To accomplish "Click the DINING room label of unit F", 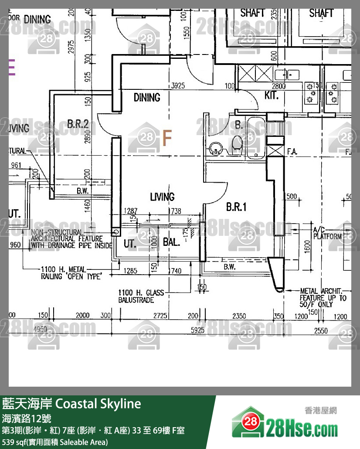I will coord(147,97).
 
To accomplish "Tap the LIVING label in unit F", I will coord(162,197).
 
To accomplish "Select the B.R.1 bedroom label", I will coord(236,207).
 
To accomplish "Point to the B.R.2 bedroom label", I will coord(78,124).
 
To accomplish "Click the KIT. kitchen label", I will coord(272,96).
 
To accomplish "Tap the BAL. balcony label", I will coord(171,242).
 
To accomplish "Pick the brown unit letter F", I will coord(167,138).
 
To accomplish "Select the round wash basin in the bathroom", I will coord(215,149).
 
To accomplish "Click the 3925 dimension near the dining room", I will coord(179,85).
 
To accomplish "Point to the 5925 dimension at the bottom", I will coord(198,331).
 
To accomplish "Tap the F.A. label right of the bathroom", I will coord(292,152).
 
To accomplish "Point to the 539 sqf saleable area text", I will coord(55,442).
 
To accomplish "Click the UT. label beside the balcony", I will coord(130,243).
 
